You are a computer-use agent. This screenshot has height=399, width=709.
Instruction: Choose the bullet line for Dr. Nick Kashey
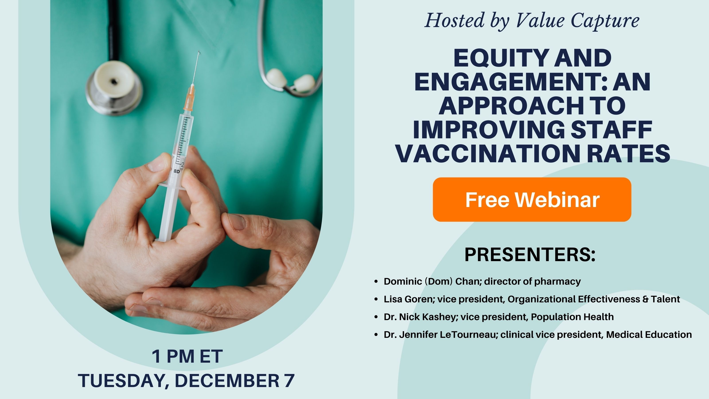(499, 317)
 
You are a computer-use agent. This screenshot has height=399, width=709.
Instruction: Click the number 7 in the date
(289, 381)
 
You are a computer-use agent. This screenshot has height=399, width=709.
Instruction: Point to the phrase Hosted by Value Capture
(532, 21)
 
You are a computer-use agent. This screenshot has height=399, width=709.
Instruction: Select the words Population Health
(572, 317)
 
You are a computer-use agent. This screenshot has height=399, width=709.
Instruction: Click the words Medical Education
(649, 334)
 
